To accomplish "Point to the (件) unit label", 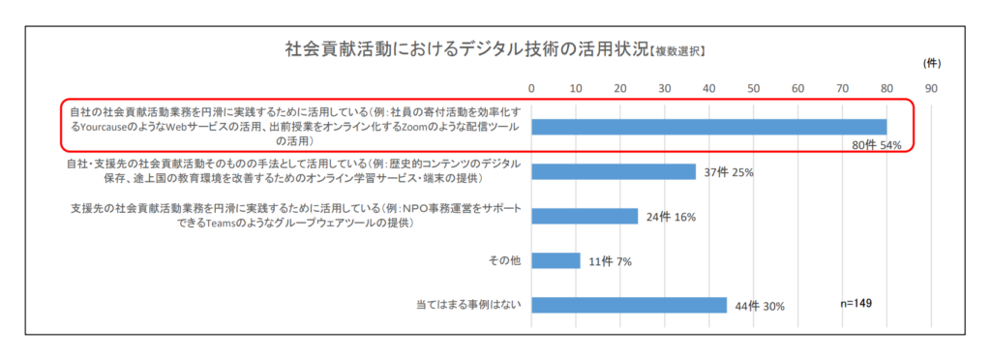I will (x=931, y=64).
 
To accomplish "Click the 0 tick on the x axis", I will (x=531, y=89).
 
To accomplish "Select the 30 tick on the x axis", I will (x=665, y=89).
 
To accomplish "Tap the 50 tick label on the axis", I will (x=754, y=89).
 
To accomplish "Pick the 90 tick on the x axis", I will (x=931, y=89).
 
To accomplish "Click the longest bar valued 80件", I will (x=709, y=127).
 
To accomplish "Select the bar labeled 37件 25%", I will (x=614, y=171).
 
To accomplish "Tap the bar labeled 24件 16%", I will (x=585, y=216).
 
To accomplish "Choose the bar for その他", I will (x=556, y=260).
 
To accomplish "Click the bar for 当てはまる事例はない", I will (x=629, y=305).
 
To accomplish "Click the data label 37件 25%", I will (x=729, y=172).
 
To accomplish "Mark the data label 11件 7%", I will (x=610, y=261).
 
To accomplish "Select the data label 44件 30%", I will (x=759, y=306).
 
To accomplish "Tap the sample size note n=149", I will (x=856, y=303).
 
